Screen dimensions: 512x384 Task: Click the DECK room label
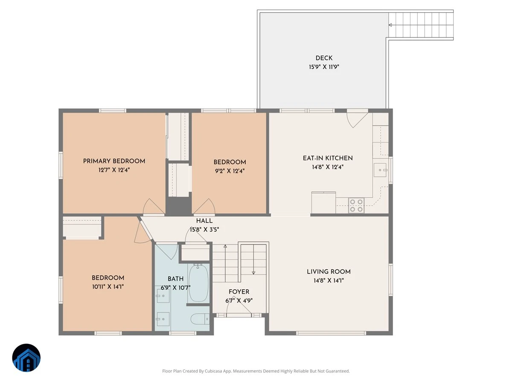[324, 58]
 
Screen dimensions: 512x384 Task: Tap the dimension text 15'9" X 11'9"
[324, 67]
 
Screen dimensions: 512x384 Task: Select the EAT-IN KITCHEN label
[328, 158]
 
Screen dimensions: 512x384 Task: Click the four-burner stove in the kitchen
[356, 205]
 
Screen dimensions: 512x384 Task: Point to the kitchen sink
[380, 170]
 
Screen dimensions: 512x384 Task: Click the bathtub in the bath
[198, 283]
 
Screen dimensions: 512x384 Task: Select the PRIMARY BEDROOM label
[114, 161]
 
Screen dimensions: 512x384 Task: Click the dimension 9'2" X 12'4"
[230, 171]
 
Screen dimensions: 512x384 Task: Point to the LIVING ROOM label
[329, 272]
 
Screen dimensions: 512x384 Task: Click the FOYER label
[239, 292]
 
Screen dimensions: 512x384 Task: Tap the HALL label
[204, 221]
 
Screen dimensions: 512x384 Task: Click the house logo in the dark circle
[26, 358]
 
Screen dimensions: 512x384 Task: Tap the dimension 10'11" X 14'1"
[108, 287]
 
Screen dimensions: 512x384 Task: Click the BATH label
[175, 279]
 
